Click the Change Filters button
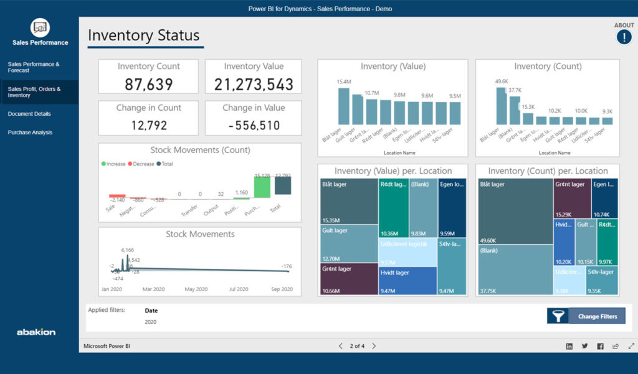[x=597, y=316]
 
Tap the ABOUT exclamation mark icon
[x=624, y=37]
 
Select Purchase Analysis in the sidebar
[x=30, y=133]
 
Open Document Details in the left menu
[x=29, y=114]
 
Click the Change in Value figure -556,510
[x=254, y=126]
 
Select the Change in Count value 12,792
[x=148, y=126]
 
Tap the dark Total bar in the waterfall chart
[x=283, y=186]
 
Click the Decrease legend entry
[x=141, y=164]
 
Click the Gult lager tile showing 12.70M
[x=348, y=244]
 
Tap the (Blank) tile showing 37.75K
[x=515, y=269]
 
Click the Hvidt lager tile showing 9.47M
[x=407, y=280]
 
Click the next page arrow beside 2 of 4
[x=374, y=346]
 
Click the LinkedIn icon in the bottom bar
[x=569, y=346]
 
